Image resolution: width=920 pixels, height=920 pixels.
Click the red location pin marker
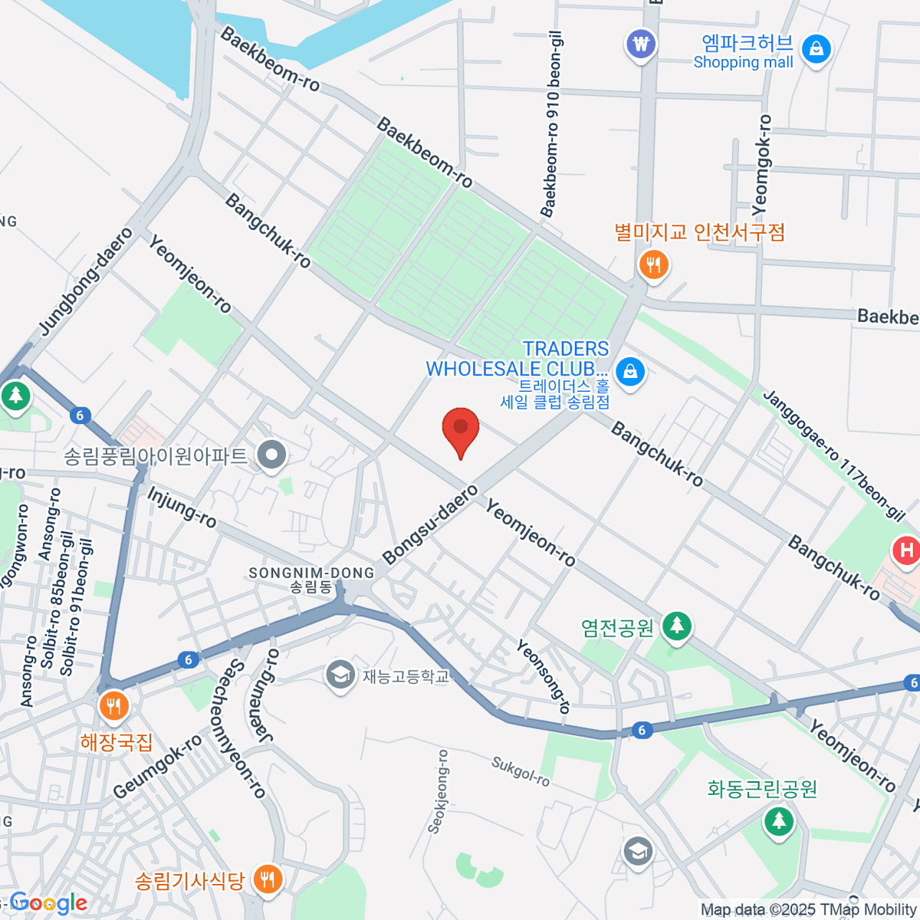tap(461, 429)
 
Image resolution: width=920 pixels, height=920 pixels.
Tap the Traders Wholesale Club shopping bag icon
tap(630, 372)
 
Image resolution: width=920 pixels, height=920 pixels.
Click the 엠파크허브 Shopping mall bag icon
tap(816, 50)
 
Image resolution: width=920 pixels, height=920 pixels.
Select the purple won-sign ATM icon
tap(641, 43)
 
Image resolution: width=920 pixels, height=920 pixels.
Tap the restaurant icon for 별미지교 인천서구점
tap(653, 265)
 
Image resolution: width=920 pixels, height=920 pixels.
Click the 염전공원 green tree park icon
tap(676, 626)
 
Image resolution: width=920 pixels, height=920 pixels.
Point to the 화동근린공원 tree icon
tap(779, 821)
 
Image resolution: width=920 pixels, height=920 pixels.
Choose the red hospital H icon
tap(907, 550)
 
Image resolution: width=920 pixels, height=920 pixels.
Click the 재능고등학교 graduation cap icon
tap(339, 675)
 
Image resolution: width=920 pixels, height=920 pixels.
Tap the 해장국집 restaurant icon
tap(113, 707)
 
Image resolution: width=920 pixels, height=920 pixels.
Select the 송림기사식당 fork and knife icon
tap(267, 879)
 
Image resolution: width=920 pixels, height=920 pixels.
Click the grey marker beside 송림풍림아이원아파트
tap(271, 456)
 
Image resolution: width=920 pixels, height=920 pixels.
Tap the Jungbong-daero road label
tap(86, 281)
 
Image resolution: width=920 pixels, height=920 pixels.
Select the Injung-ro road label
tap(182, 507)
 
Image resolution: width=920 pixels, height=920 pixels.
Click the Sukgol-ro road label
tap(521, 771)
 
